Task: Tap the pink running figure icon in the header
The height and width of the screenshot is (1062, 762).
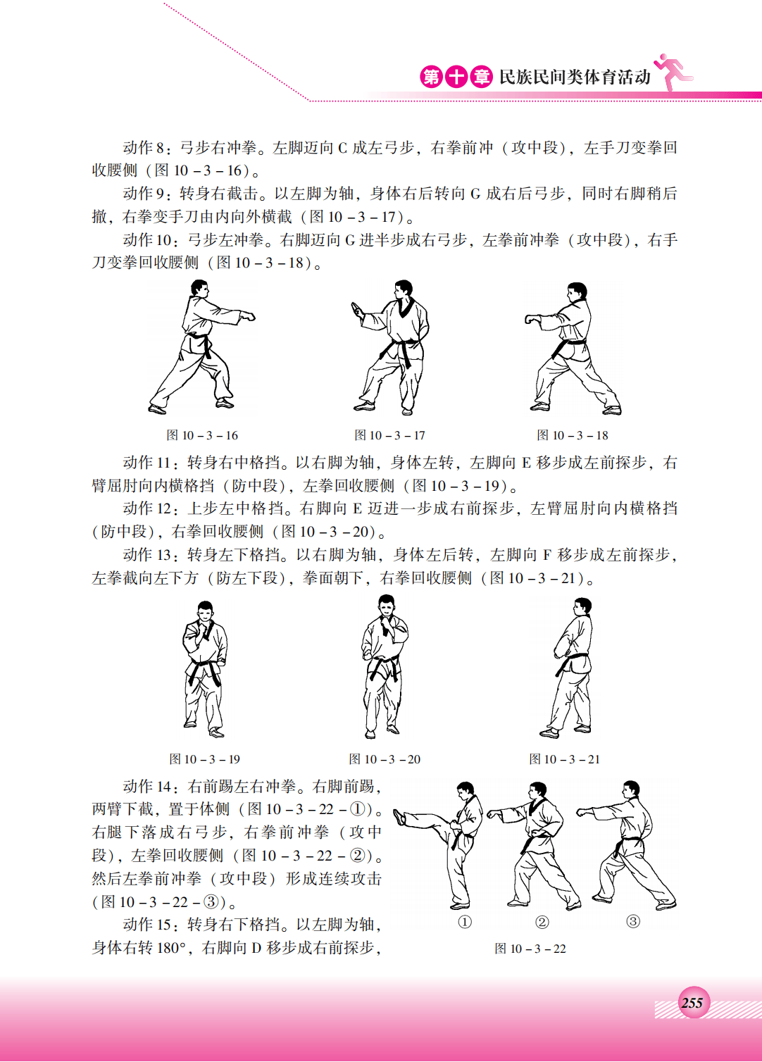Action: [x=673, y=72]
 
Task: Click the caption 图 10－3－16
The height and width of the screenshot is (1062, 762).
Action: [x=202, y=435]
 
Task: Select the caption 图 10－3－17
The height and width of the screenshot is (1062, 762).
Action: [x=389, y=435]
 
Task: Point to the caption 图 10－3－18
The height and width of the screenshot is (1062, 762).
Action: [x=573, y=435]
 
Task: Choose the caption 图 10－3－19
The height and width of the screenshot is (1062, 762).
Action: [x=204, y=759]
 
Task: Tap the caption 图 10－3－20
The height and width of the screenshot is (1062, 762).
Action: [x=385, y=759]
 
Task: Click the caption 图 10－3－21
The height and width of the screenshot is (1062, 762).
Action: [x=564, y=759]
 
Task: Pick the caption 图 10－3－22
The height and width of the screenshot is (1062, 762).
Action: [x=530, y=948]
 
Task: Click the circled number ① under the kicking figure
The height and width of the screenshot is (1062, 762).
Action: [x=465, y=922]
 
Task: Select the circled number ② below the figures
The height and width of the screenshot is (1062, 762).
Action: [x=542, y=922]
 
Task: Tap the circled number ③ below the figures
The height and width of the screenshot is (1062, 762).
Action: [x=633, y=921]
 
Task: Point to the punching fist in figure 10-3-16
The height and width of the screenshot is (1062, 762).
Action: [x=248, y=316]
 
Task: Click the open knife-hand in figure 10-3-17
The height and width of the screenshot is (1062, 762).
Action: [x=356, y=310]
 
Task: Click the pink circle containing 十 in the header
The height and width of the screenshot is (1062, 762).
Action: [x=456, y=77]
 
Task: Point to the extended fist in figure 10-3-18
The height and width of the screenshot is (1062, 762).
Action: [x=530, y=319]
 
